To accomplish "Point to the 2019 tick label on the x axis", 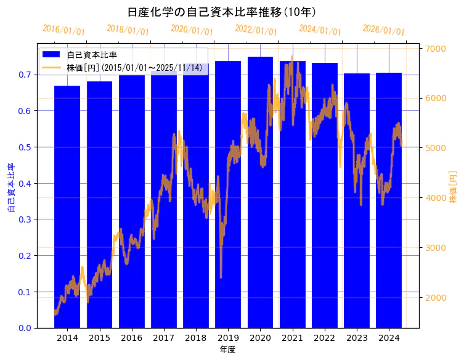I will [x=228, y=338].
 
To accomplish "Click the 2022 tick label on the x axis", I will [x=324, y=338].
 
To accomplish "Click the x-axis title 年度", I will [x=227, y=350].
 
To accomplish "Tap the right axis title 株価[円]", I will [x=454, y=187].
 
